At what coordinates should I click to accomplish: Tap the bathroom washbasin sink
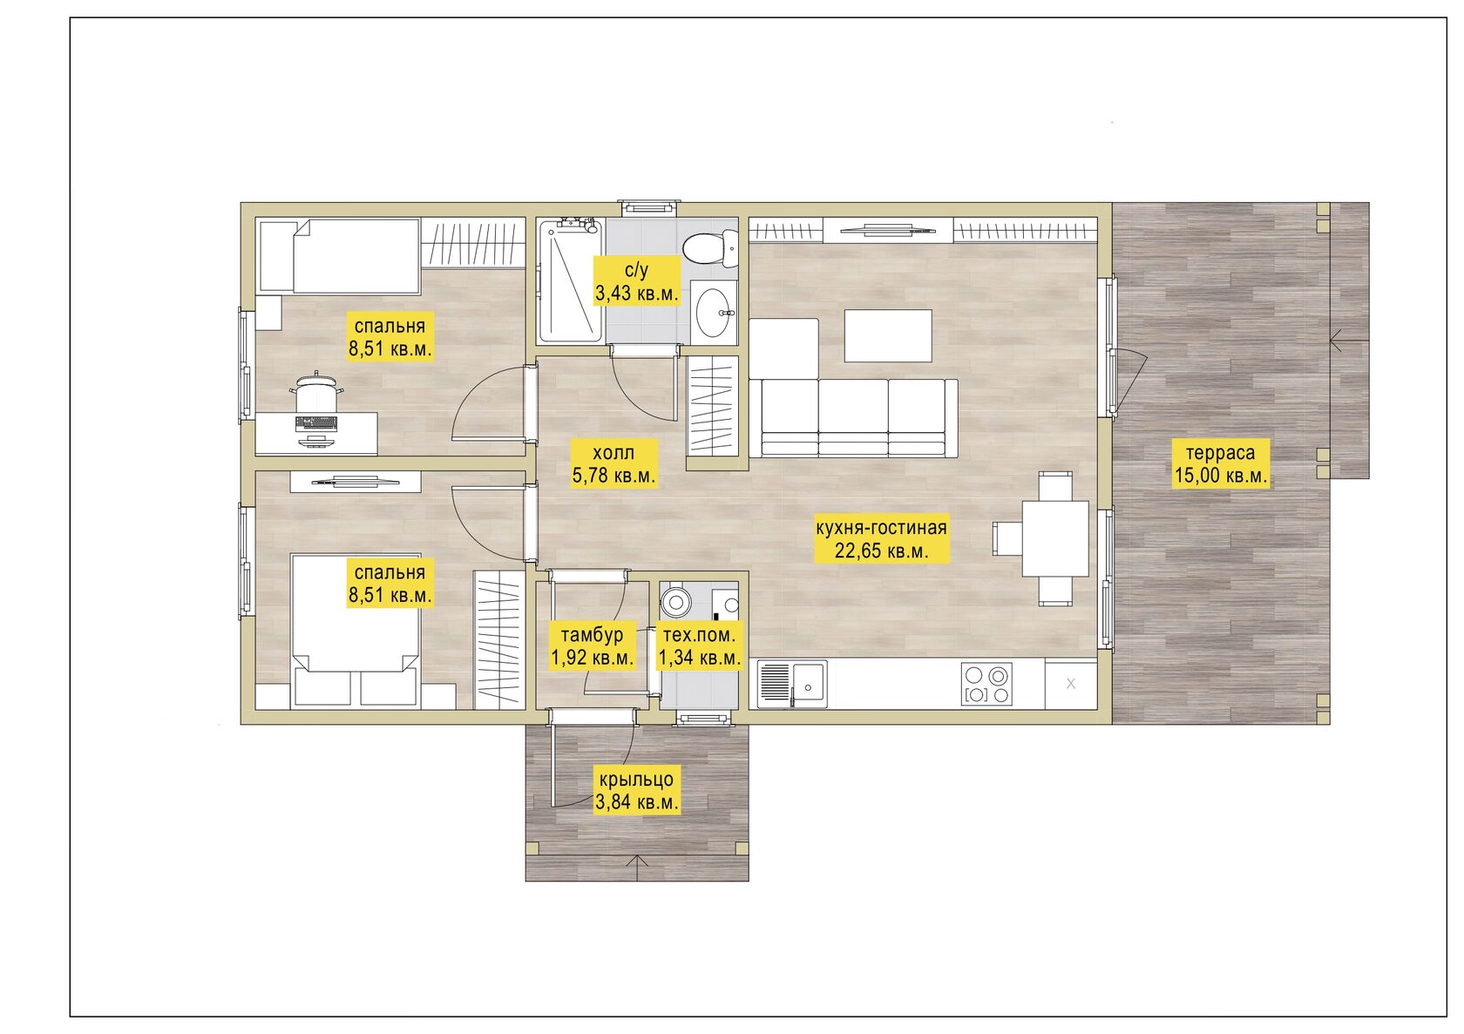click(714, 313)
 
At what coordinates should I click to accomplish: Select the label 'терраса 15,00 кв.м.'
click(1221, 463)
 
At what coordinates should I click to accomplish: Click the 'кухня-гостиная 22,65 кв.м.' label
click(881, 539)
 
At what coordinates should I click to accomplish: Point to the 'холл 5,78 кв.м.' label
click(613, 463)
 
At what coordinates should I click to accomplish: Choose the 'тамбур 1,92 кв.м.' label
click(593, 645)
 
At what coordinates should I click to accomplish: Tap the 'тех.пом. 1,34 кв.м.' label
click(699, 645)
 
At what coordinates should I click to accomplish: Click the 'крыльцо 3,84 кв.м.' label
click(636, 790)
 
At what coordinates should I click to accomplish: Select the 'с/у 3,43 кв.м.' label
click(636, 280)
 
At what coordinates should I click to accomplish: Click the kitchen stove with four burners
click(986, 685)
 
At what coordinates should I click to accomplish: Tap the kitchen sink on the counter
click(792, 685)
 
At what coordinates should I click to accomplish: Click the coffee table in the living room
click(888, 335)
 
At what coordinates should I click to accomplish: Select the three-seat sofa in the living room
click(853, 418)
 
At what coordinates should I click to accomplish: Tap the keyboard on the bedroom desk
click(316, 423)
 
